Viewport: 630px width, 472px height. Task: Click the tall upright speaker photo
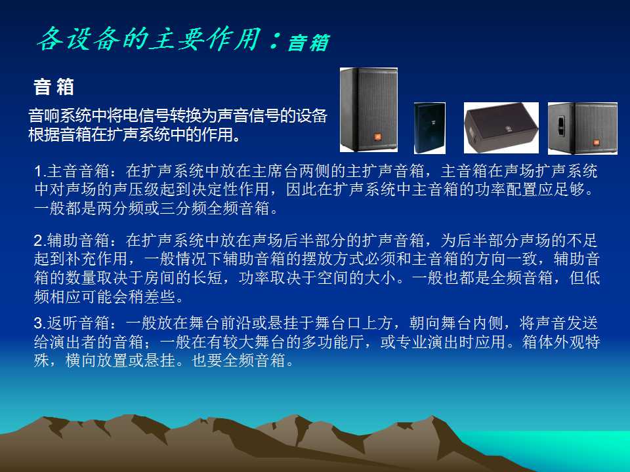point(368,109)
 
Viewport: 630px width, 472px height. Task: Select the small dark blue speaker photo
point(429,128)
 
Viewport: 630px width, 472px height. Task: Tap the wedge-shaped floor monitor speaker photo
point(501,128)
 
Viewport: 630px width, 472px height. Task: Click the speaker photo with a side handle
point(582,128)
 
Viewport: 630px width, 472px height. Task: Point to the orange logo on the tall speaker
point(378,137)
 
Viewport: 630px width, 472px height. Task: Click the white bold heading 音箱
point(54,87)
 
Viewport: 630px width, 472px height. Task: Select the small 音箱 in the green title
point(308,43)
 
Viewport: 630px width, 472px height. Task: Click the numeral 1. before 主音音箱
point(40,172)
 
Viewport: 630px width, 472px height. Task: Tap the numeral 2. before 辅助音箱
point(40,241)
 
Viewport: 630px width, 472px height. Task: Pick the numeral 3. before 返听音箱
point(40,323)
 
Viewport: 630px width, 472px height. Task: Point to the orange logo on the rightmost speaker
point(597,142)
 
